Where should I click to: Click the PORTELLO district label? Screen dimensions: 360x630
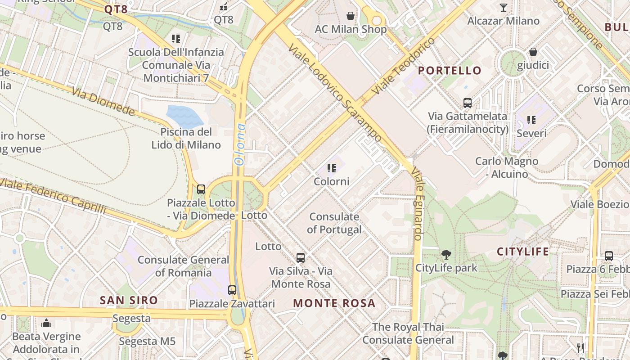click(x=450, y=71)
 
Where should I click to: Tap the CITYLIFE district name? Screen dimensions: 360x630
click(x=523, y=252)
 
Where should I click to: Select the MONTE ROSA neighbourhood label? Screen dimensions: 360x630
click(x=334, y=303)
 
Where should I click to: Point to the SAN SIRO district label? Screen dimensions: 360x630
click(x=129, y=300)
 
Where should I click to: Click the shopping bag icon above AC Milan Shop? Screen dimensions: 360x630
click(x=351, y=16)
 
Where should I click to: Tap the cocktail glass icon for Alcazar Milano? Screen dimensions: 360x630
click(x=503, y=8)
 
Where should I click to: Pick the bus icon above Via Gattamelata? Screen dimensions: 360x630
click(x=468, y=103)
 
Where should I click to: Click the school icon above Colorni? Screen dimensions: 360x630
click(x=332, y=169)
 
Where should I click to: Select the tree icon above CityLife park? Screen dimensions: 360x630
click(x=446, y=255)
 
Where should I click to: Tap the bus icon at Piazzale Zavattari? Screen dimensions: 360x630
click(x=232, y=290)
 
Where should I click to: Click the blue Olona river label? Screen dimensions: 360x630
click(x=240, y=144)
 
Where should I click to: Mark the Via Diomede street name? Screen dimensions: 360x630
click(x=103, y=102)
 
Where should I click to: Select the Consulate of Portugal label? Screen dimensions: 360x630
click(x=334, y=223)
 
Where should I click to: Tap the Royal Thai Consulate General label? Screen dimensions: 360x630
click(x=408, y=333)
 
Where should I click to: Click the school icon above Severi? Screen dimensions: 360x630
click(x=531, y=120)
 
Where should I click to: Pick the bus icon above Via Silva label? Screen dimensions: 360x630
click(x=301, y=258)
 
